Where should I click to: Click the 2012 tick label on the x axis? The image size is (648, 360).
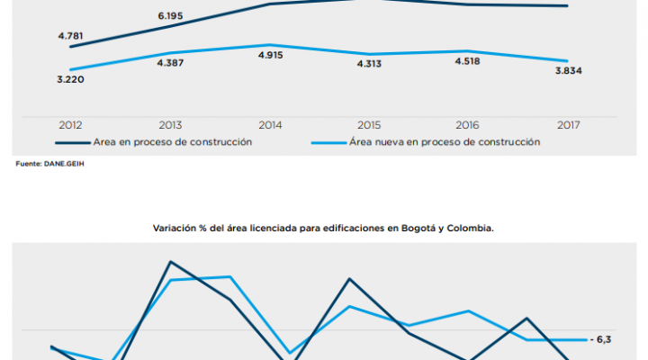(x=71, y=125)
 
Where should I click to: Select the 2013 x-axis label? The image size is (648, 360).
(x=170, y=125)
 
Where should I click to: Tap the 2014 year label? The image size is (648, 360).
(x=270, y=125)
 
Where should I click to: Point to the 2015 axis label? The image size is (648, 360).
(x=369, y=125)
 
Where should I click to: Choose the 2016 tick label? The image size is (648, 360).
(x=468, y=125)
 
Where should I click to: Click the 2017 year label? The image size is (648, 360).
(x=568, y=125)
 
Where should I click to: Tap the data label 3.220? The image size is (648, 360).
(x=70, y=79)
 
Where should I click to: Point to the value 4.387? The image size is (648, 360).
(x=170, y=63)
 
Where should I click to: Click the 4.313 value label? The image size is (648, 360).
(x=369, y=63)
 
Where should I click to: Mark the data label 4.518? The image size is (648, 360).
(x=468, y=62)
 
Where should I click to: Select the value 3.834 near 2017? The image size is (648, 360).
(x=568, y=70)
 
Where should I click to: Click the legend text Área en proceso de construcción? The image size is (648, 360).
(x=171, y=142)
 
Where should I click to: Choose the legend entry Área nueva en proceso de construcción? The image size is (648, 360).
(x=444, y=142)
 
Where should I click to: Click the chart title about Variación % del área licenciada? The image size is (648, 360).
(x=323, y=229)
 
